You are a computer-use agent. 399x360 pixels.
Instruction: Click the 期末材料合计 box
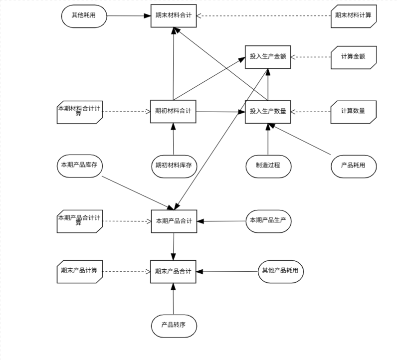click(173, 16)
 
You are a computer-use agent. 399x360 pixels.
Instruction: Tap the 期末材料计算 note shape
click(353, 16)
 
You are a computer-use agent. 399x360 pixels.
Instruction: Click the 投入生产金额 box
click(268, 57)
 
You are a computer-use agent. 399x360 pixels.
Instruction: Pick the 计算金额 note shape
click(353, 57)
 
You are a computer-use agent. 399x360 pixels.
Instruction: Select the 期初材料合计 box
click(173, 111)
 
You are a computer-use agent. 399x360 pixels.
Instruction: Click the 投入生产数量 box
click(268, 112)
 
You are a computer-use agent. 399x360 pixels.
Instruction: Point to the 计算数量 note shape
click(353, 112)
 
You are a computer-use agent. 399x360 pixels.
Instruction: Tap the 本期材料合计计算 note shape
click(80, 111)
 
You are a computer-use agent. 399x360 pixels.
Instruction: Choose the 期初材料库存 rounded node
click(174, 166)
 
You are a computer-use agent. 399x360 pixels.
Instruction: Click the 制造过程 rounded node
click(268, 166)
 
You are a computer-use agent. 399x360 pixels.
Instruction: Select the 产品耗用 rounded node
click(353, 166)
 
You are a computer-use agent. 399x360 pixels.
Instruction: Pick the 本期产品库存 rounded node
click(80, 166)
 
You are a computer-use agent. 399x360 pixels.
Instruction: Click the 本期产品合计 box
click(174, 221)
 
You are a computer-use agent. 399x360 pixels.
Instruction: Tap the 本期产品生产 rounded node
click(268, 220)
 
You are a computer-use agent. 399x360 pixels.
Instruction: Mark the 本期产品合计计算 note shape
click(80, 221)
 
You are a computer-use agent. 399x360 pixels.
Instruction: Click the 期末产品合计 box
click(173, 272)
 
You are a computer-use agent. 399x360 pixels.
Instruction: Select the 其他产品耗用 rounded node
click(281, 271)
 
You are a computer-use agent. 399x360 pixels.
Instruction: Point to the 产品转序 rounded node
click(174, 326)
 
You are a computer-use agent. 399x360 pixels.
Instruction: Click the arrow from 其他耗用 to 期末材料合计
click(128, 16)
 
